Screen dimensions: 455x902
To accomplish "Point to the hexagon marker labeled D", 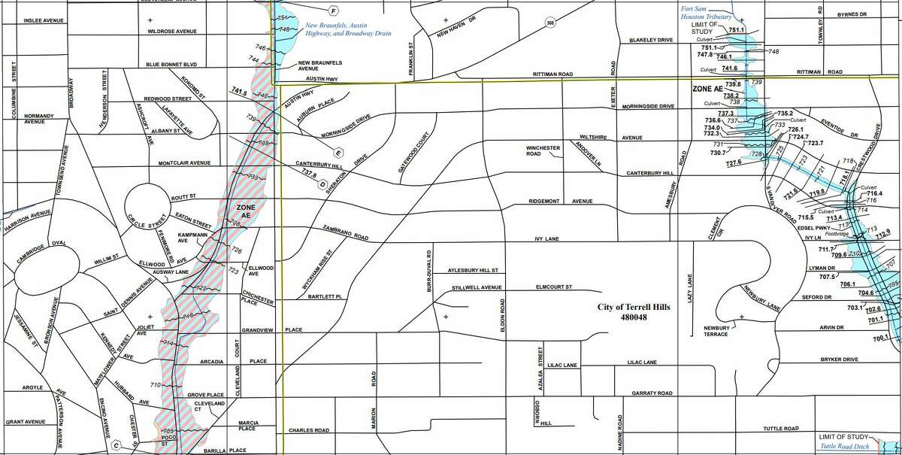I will (x=322, y=183).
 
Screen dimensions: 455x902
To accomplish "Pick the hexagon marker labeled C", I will (x=117, y=444).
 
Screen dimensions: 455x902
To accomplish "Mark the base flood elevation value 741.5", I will (x=239, y=91).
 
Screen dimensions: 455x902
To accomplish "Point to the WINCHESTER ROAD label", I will (x=545, y=151).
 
